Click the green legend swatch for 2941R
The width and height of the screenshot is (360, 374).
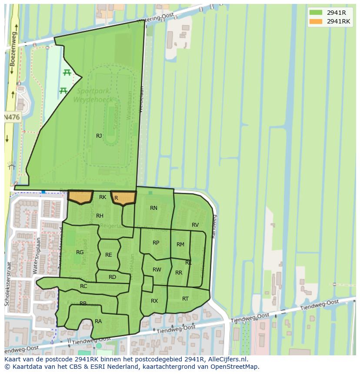[316, 13]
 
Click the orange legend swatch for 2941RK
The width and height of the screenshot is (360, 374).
[316, 21]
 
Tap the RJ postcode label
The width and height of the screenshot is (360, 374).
[99, 136]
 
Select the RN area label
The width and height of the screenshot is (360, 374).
[153, 208]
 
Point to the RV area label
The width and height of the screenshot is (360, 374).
[195, 225]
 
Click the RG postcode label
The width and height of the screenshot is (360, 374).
[80, 252]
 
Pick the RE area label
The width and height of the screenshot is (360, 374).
[109, 255]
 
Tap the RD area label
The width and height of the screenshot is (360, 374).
[112, 277]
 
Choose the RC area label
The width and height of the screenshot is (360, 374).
[83, 286]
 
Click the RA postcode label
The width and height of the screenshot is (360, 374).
[98, 321]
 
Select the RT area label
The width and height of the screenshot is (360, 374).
[186, 299]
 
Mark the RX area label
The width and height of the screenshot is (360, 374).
[154, 301]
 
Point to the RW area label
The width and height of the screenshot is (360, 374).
[157, 270]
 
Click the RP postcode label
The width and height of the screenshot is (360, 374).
[156, 243]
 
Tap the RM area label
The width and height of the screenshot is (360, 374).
[180, 245]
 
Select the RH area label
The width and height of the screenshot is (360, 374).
[100, 216]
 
